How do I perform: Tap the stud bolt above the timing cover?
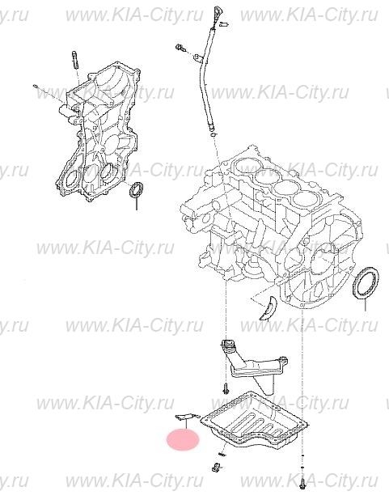tap(74, 60)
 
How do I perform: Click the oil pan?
tap(258, 421)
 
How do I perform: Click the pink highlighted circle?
tap(182, 441)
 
